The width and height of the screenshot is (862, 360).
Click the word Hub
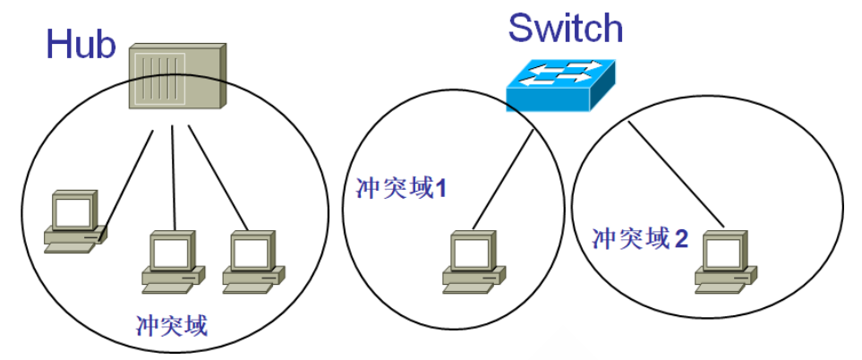(x=81, y=44)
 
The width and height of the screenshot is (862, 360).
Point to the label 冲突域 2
(x=640, y=238)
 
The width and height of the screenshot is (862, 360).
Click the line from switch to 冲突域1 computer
(x=504, y=178)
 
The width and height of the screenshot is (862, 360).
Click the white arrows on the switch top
(x=559, y=73)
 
